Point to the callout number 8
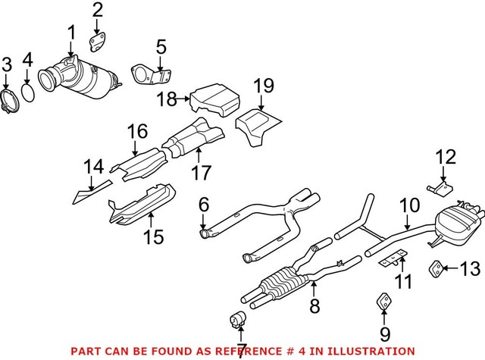(314, 306)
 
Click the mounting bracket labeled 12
(437, 187)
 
